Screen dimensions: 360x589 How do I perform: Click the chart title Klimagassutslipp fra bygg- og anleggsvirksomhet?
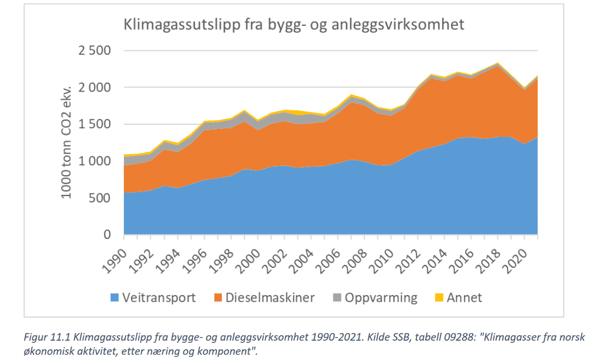tap(294, 25)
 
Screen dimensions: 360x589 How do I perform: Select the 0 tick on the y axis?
tap(107, 235)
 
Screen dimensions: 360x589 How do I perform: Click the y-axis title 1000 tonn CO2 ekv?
tap(67, 142)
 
